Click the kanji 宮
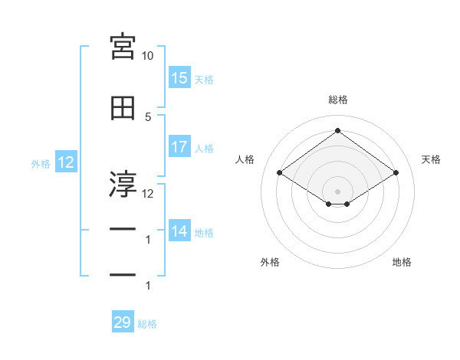tap(123, 47)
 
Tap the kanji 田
tap(123, 108)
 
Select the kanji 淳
tap(123, 184)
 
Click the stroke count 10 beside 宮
tap(147, 56)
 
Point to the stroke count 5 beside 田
tap(148, 117)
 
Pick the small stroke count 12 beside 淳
tap(147, 194)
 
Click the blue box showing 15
tap(179, 77)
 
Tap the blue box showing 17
tap(179, 146)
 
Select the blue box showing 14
tap(179, 230)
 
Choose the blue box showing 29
tap(123, 321)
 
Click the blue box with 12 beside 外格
tap(66, 162)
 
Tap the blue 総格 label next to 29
tap(147, 324)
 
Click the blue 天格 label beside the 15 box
tap(204, 80)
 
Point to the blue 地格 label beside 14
tap(204, 233)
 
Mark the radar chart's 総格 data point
tap(337, 130)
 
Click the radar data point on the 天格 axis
tap(396, 172)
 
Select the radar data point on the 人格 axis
tap(280, 172)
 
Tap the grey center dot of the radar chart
tap(337, 191)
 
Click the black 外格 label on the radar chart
tap(270, 262)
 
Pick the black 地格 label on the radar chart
tap(402, 262)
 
